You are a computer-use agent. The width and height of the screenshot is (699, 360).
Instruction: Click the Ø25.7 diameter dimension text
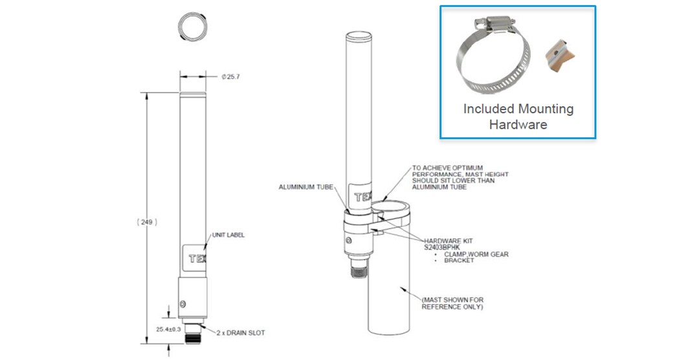231,77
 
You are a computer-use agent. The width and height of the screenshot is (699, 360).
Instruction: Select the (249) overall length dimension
147,221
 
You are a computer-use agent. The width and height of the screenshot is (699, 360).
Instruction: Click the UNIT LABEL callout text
227,235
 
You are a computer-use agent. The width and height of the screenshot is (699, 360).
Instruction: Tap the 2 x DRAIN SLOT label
241,333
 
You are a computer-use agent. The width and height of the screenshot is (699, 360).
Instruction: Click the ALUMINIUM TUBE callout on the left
305,186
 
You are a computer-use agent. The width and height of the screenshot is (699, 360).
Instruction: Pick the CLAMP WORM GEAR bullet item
476,254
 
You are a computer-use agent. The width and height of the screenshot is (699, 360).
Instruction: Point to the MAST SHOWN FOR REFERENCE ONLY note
452,304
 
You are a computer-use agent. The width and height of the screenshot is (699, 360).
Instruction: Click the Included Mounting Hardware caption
518,117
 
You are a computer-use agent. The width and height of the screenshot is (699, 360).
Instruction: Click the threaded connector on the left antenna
192,335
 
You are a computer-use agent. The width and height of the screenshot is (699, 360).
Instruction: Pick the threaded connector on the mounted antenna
358,267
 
